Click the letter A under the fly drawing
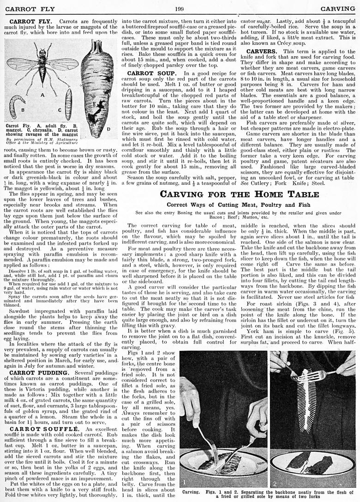coord(42,94)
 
